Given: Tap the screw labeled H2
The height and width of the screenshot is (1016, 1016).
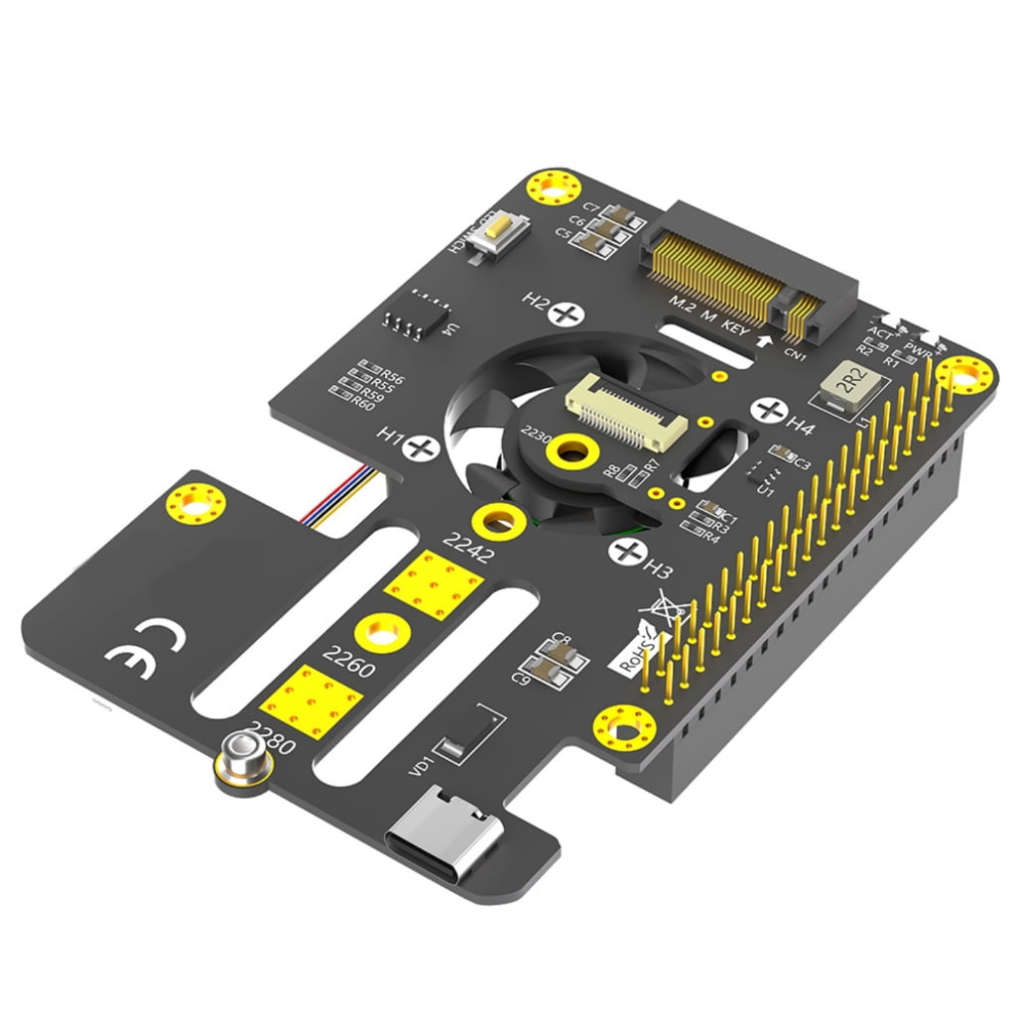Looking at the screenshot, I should point(569,315).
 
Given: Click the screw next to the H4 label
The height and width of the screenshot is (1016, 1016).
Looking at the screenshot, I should point(768,409).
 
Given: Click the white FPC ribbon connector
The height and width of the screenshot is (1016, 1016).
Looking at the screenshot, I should point(625,409).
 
